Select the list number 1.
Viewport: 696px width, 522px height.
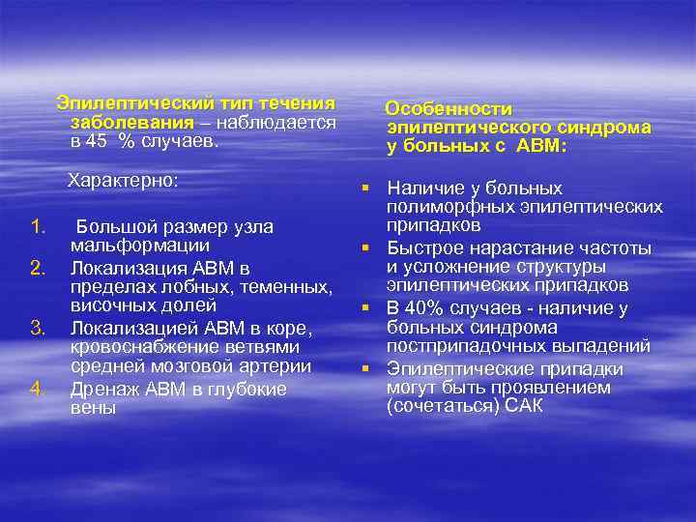(38, 227)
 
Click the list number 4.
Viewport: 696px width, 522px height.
(38, 389)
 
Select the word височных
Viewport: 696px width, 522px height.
(113, 307)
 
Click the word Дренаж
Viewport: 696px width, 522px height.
(102, 389)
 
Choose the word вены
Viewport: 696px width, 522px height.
(93, 408)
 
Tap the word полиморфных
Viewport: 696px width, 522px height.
(437, 207)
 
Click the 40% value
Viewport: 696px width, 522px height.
(426, 308)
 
